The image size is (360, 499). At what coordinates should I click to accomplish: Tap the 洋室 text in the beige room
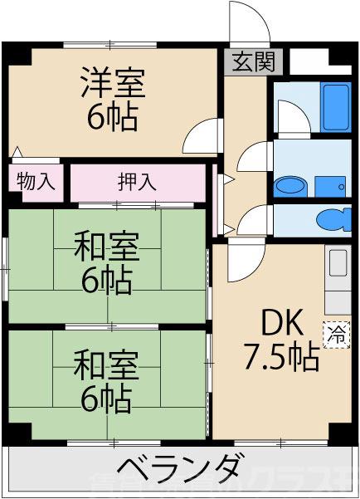click(x=113, y=83)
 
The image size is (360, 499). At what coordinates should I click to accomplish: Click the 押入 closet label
click(x=137, y=181)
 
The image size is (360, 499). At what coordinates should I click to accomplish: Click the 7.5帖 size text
click(x=280, y=357)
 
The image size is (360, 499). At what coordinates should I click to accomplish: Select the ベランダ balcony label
click(x=180, y=469)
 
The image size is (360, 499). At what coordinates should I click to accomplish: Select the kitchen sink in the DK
click(x=338, y=267)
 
